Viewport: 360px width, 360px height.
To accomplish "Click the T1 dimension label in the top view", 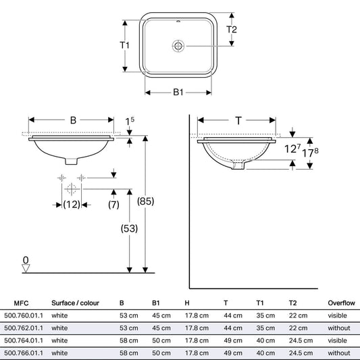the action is coord(124,45).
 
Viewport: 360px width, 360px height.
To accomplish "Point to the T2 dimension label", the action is coord(232,30).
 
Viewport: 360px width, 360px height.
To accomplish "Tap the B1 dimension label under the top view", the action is coord(178,93).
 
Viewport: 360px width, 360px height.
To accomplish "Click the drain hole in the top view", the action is coord(178,46).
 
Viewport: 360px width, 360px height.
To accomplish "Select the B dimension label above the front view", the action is coord(73,120).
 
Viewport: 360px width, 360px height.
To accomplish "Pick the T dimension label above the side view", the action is coord(238,120).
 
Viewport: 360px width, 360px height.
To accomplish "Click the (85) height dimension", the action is coord(146,201).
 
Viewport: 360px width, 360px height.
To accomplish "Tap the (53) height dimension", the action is coord(129,228).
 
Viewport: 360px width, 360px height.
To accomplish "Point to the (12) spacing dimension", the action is coord(72,205).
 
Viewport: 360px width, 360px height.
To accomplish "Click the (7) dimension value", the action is coord(113,205).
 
